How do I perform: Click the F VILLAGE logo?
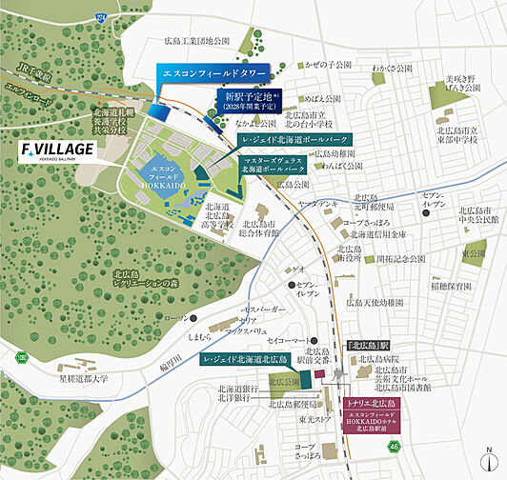pos(58,151)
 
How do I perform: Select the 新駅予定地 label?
pos(251,100)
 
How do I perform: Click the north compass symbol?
pos(489,456)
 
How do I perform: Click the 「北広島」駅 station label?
pos(369,345)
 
